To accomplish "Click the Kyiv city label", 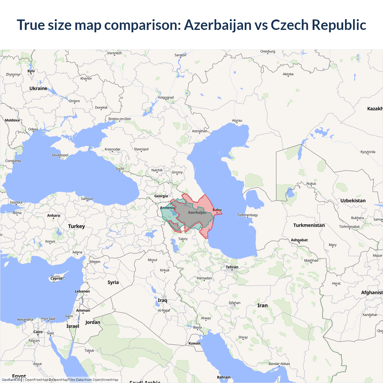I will pyautogui.click(x=31, y=71).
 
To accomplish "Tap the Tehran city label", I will pyautogui.click(x=232, y=267).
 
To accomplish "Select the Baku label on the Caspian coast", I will pyautogui.click(x=217, y=210).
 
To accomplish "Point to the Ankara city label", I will pyautogui.click(x=54, y=215).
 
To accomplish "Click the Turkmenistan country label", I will pyautogui.click(x=309, y=225).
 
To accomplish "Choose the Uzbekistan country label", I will pyautogui.click(x=353, y=201).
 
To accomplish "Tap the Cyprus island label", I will pyautogui.click(x=57, y=278).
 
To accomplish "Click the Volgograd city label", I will pyautogui.click(x=166, y=98).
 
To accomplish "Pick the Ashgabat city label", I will pyautogui.click(x=299, y=240).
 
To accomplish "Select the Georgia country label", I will pyautogui.click(x=161, y=196).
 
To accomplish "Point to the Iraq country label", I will pyautogui.click(x=162, y=300).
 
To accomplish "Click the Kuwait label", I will pyautogui.click(x=194, y=343).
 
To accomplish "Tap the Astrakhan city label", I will pyautogui.click(x=200, y=131).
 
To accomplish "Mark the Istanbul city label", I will pyautogui.click(x=16, y=202).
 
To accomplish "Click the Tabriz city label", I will pyautogui.click(x=183, y=239).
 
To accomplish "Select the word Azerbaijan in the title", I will pyautogui.click(x=218, y=25).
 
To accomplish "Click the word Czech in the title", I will pyautogui.click(x=290, y=25).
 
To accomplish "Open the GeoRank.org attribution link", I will pyautogui.click(x=12, y=380).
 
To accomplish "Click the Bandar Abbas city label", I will pyautogui.click(x=279, y=364).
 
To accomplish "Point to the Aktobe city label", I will pyautogui.click(x=288, y=74).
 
